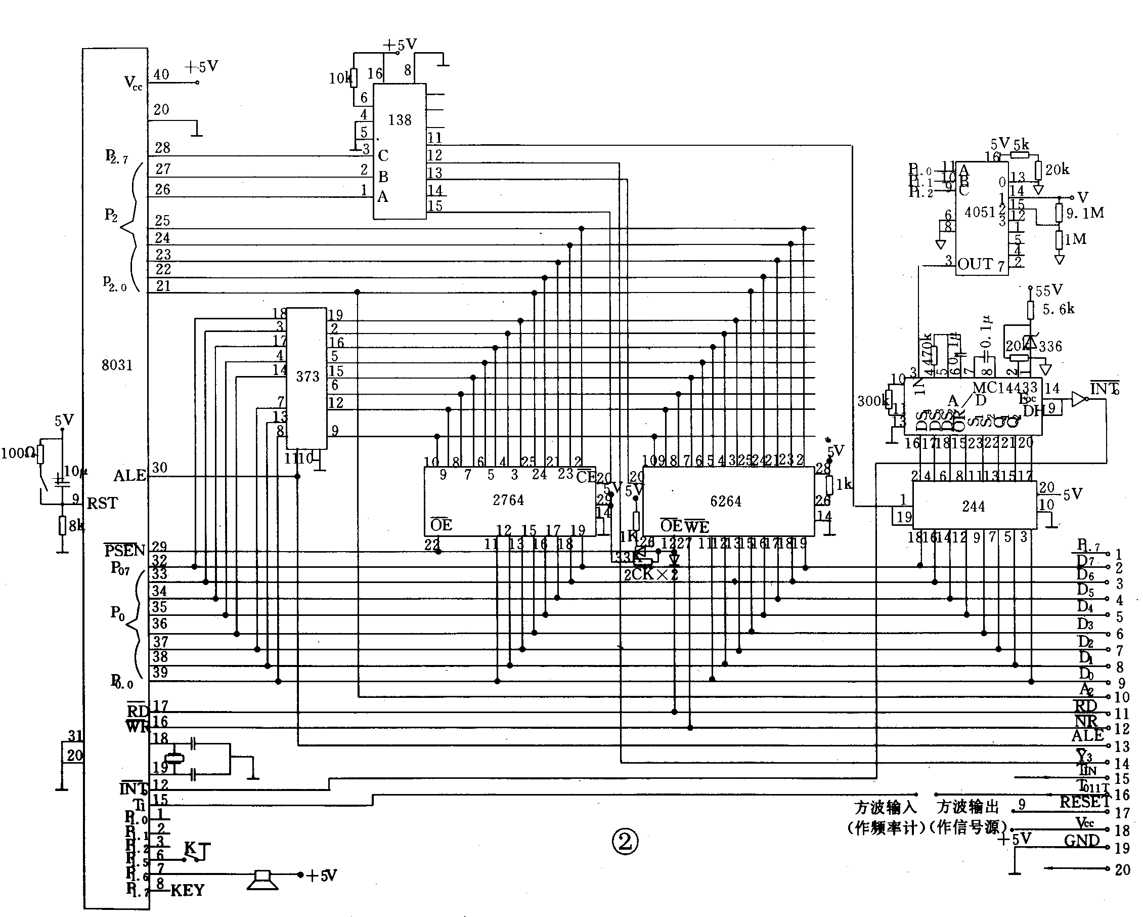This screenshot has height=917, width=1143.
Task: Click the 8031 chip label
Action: pos(117,365)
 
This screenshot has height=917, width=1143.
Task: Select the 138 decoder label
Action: pos(399,120)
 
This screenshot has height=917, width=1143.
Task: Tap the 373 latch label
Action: pos(307,377)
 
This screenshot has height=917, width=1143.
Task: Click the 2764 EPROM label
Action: pos(508,500)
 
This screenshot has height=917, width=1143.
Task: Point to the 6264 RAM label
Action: pos(725,501)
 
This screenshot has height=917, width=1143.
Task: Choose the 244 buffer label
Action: pos(974,507)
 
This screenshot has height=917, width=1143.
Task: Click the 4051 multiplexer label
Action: pos(980,212)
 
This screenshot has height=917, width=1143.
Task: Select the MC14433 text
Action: pos(1004,388)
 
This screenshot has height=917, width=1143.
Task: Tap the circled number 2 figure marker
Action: pos(625,841)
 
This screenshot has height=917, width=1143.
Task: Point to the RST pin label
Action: pos(102,503)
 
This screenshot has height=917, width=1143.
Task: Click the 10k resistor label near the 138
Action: pos(339,78)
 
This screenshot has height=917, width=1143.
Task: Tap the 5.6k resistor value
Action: pos(1058,309)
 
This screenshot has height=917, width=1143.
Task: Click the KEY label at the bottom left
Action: pos(187,891)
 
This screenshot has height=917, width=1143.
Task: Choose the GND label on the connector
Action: pos(1081,841)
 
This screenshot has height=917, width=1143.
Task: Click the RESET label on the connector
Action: pos(1084,802)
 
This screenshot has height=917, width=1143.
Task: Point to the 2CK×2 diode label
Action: pos(650,575)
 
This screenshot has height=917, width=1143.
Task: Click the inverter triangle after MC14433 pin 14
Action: pos(1078,399)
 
